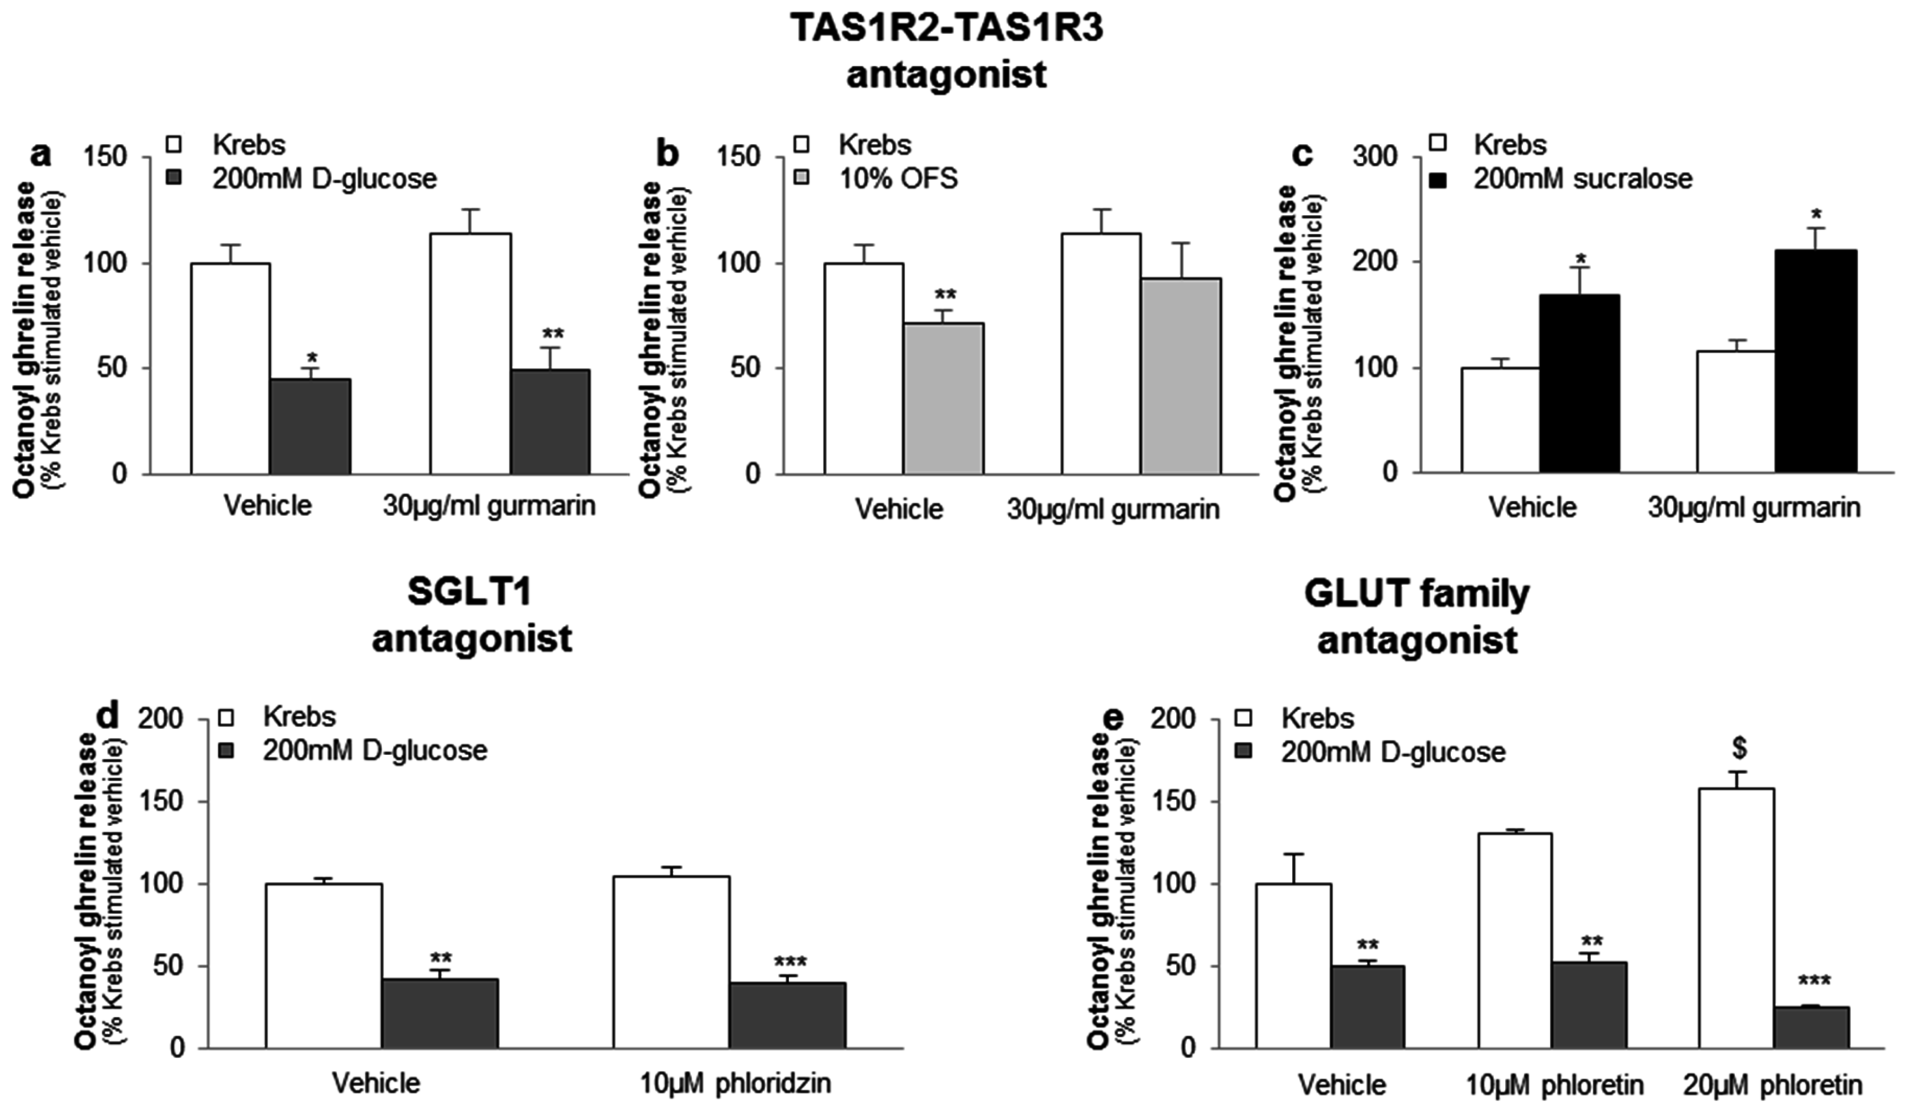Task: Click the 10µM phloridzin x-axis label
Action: coord(735,1083)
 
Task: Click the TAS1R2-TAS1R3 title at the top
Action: coord(947,29)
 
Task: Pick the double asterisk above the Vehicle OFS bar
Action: coord(945,294)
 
